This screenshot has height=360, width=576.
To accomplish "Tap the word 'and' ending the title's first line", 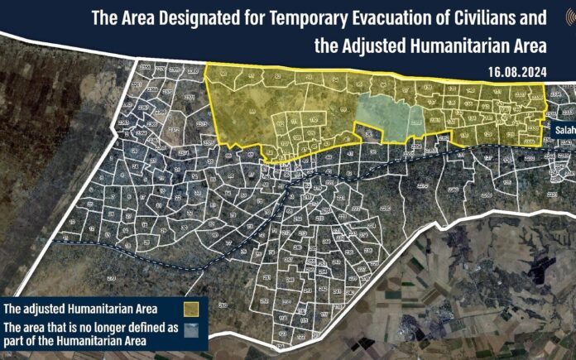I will [533, 18].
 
